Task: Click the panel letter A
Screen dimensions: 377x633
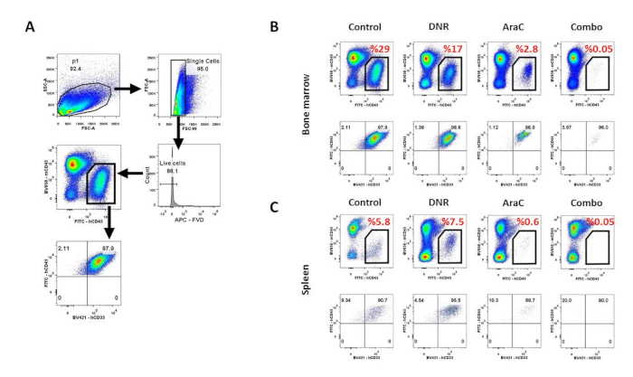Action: click(30, 29)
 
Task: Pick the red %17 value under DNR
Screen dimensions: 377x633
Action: click(458, 46)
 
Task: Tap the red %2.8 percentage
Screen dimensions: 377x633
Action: click(532, 46)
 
